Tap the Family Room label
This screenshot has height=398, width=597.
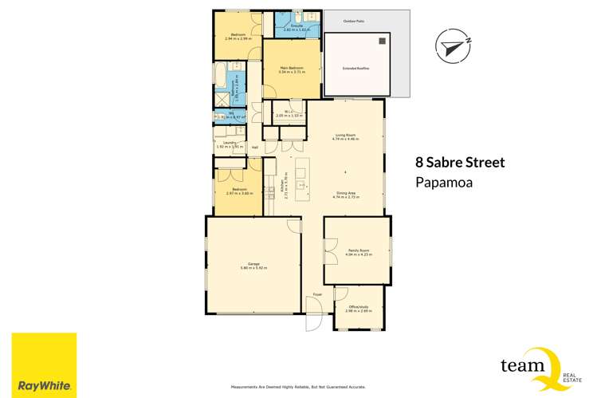pyautogui.click(x=356, y=250)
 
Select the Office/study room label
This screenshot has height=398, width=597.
pyautogui.click(x=359, y=307)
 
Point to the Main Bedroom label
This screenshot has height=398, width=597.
pyautogui.click(x=293, y=69)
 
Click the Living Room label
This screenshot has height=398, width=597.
pyautogui.click(x=345, y=136)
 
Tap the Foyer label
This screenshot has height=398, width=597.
pyautogui.click(x=317, y=294)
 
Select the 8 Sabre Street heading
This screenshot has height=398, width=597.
pyautogui.click(x=460, y=163)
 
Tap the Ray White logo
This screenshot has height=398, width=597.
pyautogui.click(x=43, y=365)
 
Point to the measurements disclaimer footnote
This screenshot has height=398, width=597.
pyautogui.click(x=298, y=388)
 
